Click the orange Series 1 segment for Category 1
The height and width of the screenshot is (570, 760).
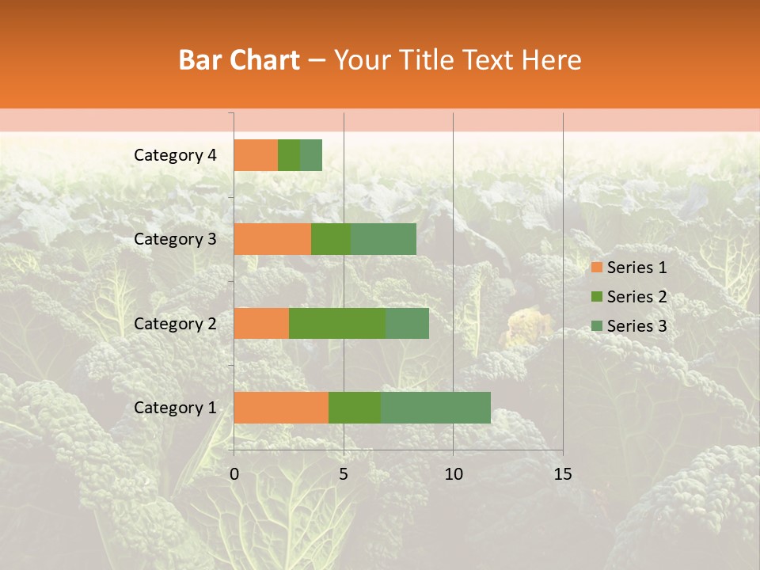pos(281,408)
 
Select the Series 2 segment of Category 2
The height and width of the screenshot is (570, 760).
pos(337,323)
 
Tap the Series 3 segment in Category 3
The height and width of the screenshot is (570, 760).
pos(383,239)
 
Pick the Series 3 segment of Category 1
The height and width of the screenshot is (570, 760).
pos(435,408)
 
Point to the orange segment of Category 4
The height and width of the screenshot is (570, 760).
pos(256,155)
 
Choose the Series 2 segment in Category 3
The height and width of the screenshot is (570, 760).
pos(331,239)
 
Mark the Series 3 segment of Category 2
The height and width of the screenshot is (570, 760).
pos(407,323)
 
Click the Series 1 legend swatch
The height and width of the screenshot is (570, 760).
pos(597,268)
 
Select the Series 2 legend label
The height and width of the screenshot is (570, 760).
pos(636,297)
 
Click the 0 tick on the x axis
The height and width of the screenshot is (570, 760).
pos(234,474)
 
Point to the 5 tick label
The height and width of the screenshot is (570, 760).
pos(344,474)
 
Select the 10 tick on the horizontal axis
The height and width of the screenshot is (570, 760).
pos(453,474)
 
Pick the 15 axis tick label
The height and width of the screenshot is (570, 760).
pos(562,474)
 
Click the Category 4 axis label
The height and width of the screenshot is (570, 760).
pos(175,155)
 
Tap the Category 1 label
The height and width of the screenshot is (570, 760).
pos(175,408)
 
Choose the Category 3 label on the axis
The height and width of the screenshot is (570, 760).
pos(175,239)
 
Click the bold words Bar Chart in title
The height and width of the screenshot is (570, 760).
pos(238,60)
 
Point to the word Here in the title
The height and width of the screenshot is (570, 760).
pos(552,60)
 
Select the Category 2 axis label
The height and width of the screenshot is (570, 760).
pos(175,323)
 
